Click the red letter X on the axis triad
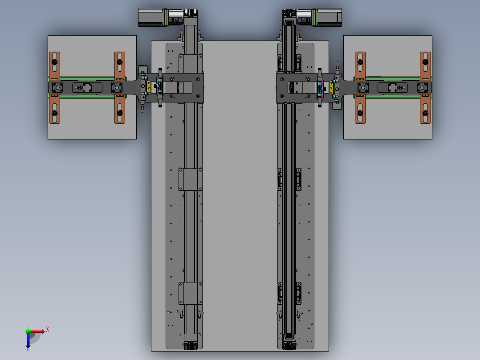(48, 330)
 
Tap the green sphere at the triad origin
(28, 331)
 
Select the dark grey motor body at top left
(151, 18)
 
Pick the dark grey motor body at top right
(329, 18)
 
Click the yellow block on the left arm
(148, 87)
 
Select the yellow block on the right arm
(331, 87)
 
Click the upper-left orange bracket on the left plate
(54, 66)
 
